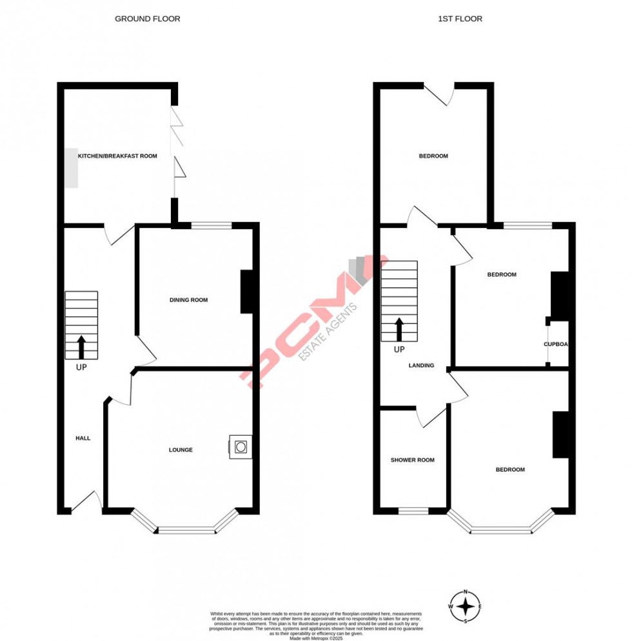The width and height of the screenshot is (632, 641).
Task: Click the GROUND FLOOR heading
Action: click(x=147, y=19)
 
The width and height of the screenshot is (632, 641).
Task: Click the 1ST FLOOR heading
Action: click(x=460, y=19)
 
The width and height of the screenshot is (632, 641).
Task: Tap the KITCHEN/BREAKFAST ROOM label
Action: click(x=117, y=156)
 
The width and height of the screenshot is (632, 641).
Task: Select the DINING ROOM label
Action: click(x=188, y=300)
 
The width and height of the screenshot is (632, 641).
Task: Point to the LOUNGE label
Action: click(x=181, y=450)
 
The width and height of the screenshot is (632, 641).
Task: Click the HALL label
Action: click(x=83, y=438)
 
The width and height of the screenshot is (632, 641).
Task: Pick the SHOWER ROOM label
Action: click(x=412, y=460)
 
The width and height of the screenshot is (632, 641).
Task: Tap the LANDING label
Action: click(x=421, y=365)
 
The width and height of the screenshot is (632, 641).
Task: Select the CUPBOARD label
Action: click(x=556, y=344)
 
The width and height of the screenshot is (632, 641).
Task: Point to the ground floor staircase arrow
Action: click(x=81, y=347)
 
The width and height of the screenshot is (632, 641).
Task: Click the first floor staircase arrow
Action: click(x=399, y=329)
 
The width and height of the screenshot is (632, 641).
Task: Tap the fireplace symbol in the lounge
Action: click(x=241, y=446)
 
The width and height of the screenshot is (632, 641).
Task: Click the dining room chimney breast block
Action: click(x=247, y=292)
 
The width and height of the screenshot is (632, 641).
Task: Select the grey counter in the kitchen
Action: click(x=71, y=168)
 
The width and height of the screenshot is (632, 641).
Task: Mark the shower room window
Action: click(x=413, y=511)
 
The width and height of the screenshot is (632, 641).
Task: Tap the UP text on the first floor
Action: click(x=399, y=350)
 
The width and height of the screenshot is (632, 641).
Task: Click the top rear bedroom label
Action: click(x=433, y=156)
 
